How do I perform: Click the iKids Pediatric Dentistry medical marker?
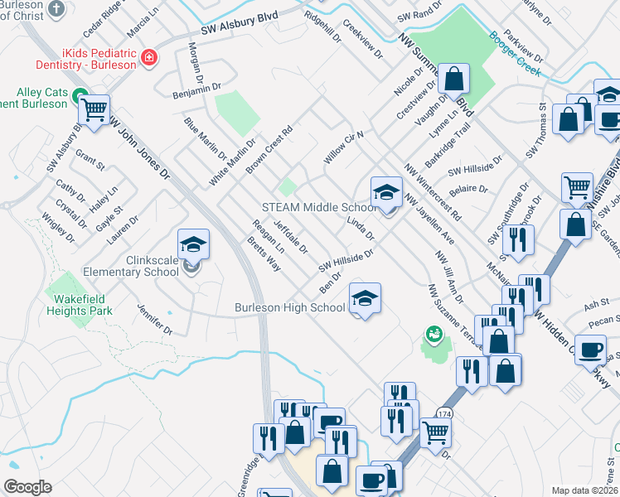coord(148,57)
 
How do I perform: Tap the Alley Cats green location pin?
coord(80,95)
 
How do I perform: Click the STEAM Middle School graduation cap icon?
coord(385,192)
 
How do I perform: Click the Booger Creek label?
coord(515,54)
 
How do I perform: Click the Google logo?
coord(27,487)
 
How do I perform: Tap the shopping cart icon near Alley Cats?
coord(94,109)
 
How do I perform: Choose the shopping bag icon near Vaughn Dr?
coord(454,79)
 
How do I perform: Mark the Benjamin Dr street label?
coord(196,87)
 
